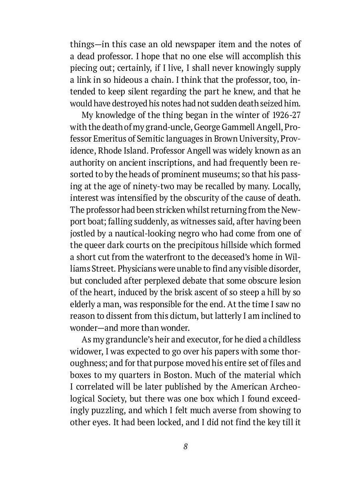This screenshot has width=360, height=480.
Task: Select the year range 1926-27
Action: [x=286, y=116]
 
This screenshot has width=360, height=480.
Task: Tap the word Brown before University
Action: [x=214, y=139]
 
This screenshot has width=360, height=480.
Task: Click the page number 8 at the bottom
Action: [x=186, y=447]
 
